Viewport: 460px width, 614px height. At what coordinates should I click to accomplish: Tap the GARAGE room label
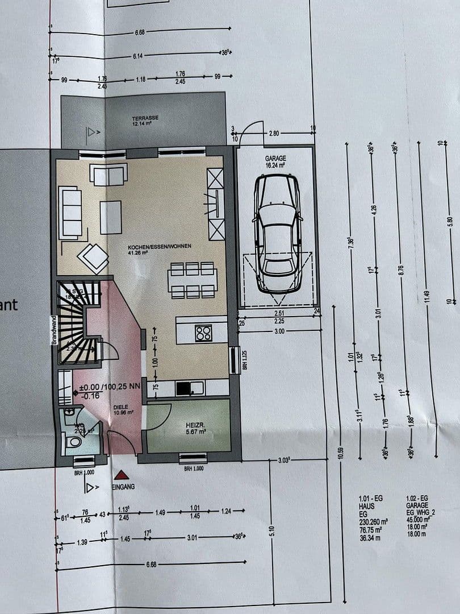275,159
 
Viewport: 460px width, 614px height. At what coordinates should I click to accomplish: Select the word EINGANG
123,487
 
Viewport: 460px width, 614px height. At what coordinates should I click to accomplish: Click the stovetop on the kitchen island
203,333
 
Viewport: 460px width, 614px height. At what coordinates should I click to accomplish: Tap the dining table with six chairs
193,280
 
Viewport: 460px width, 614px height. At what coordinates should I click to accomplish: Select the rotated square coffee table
93,258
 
